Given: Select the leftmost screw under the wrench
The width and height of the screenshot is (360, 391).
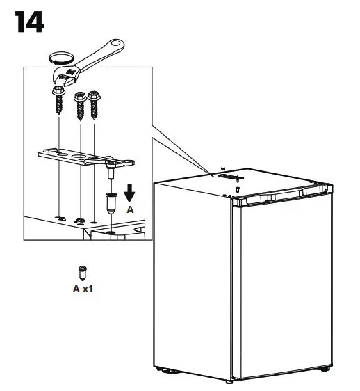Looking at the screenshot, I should click(x=58, y=99).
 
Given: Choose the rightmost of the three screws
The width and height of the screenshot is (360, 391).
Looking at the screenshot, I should click(x=92, y=101).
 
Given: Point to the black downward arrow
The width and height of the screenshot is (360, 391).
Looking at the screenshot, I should click(x=130, y=191).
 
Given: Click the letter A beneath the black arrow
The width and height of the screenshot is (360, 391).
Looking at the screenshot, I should click(x=130, y=209).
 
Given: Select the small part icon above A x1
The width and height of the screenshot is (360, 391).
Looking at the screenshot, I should click(x=82, y=272).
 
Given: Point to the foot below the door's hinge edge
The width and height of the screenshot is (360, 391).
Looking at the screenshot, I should click(x=229, y=381).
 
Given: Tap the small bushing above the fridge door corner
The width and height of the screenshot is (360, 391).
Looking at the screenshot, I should click(x=237, y=189).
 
